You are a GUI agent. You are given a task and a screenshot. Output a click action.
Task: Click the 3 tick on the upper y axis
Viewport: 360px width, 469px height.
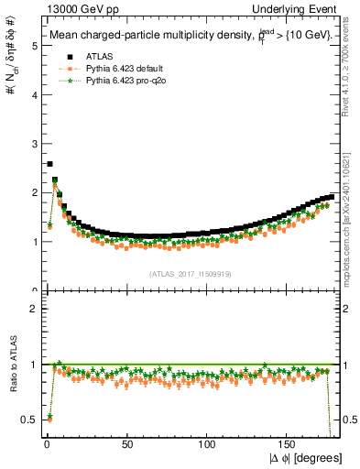coord(32,143)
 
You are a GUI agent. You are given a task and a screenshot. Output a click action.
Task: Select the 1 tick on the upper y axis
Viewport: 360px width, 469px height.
coord(32,242)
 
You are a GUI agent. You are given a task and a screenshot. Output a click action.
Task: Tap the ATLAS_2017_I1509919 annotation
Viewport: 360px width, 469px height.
coord(190,274)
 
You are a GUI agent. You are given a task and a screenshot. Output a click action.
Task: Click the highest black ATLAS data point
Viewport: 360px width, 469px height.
coord(49,164)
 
